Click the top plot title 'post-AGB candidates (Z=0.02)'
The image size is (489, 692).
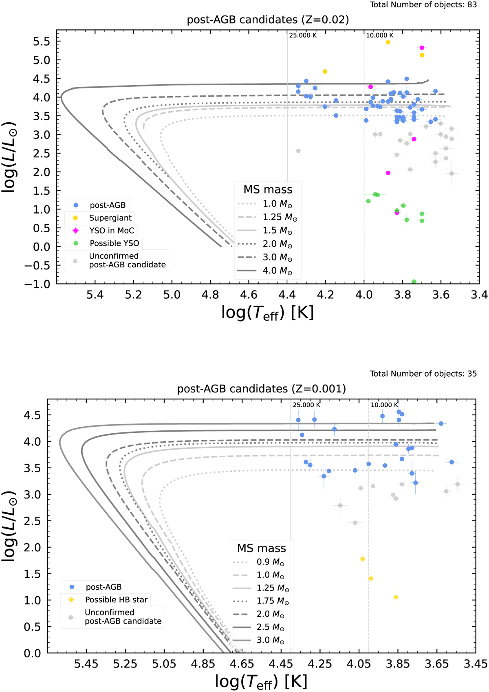pyautogui.click(x=268, y=20)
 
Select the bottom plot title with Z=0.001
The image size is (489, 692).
pyautogui.click(x=261, y=389)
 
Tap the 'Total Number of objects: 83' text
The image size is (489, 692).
pyautogui.click(x=423, y=5)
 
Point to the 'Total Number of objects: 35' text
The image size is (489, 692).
pyautogui.click(x=423, y=374)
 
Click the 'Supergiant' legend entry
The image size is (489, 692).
pyautogui.click(x=110, y=218)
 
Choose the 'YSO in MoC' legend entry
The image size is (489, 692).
pyautogui.click(x=111, y=231)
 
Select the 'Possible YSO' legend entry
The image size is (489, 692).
pyautogui.click(x=114, y=243)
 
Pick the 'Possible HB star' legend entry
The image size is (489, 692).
pyautogui.click(x=116, y=600)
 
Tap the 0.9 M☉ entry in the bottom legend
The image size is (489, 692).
pyautogui.click(x=270, y=562)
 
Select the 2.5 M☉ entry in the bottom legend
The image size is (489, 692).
pyautogui.click(x=270, y=627)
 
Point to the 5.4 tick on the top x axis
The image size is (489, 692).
pyautogui.click(x=95, y=295)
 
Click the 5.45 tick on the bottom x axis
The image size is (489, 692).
pyautogui.click(x=86, y=664)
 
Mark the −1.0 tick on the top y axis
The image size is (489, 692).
pyautogui.click(x=38, y=284)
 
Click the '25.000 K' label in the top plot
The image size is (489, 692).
pyautogui.click(x=303, y=35)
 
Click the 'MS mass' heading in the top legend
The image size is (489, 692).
pyautogui.click(x=268, y=190)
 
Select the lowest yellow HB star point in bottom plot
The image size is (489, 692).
pyautogui.click(x=396, y=597)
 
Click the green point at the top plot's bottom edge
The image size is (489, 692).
pyautogui.click(x=414, y=282)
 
